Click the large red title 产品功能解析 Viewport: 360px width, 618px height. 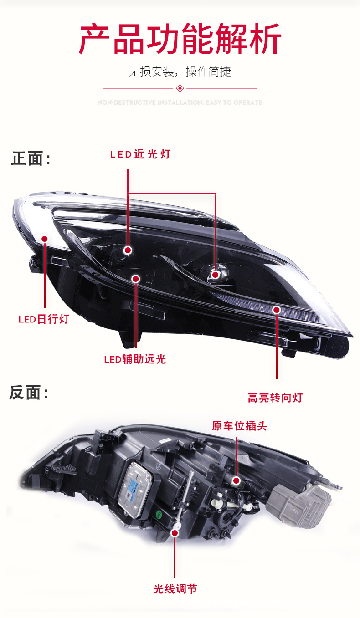180,40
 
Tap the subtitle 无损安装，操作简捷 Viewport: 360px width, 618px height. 180,72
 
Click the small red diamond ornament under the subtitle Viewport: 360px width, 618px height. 180,88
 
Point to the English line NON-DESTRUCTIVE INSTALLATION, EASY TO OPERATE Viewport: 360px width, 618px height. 180,103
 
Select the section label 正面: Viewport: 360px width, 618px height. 31,159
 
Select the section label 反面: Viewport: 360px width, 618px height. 29,393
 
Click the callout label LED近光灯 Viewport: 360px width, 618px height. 140,154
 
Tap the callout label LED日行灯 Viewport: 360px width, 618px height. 44,319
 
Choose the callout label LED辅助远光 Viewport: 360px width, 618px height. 135,359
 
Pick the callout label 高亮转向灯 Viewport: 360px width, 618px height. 275,398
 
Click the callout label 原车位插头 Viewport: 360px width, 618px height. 239,426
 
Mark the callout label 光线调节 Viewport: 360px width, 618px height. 175,589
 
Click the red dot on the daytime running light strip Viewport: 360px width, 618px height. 45,239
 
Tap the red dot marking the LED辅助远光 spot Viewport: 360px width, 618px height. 135,278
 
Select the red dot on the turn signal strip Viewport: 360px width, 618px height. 276,310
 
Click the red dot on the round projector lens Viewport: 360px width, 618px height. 216,275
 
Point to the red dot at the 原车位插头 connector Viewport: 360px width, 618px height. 236,480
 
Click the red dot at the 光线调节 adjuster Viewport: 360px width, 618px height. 175,532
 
